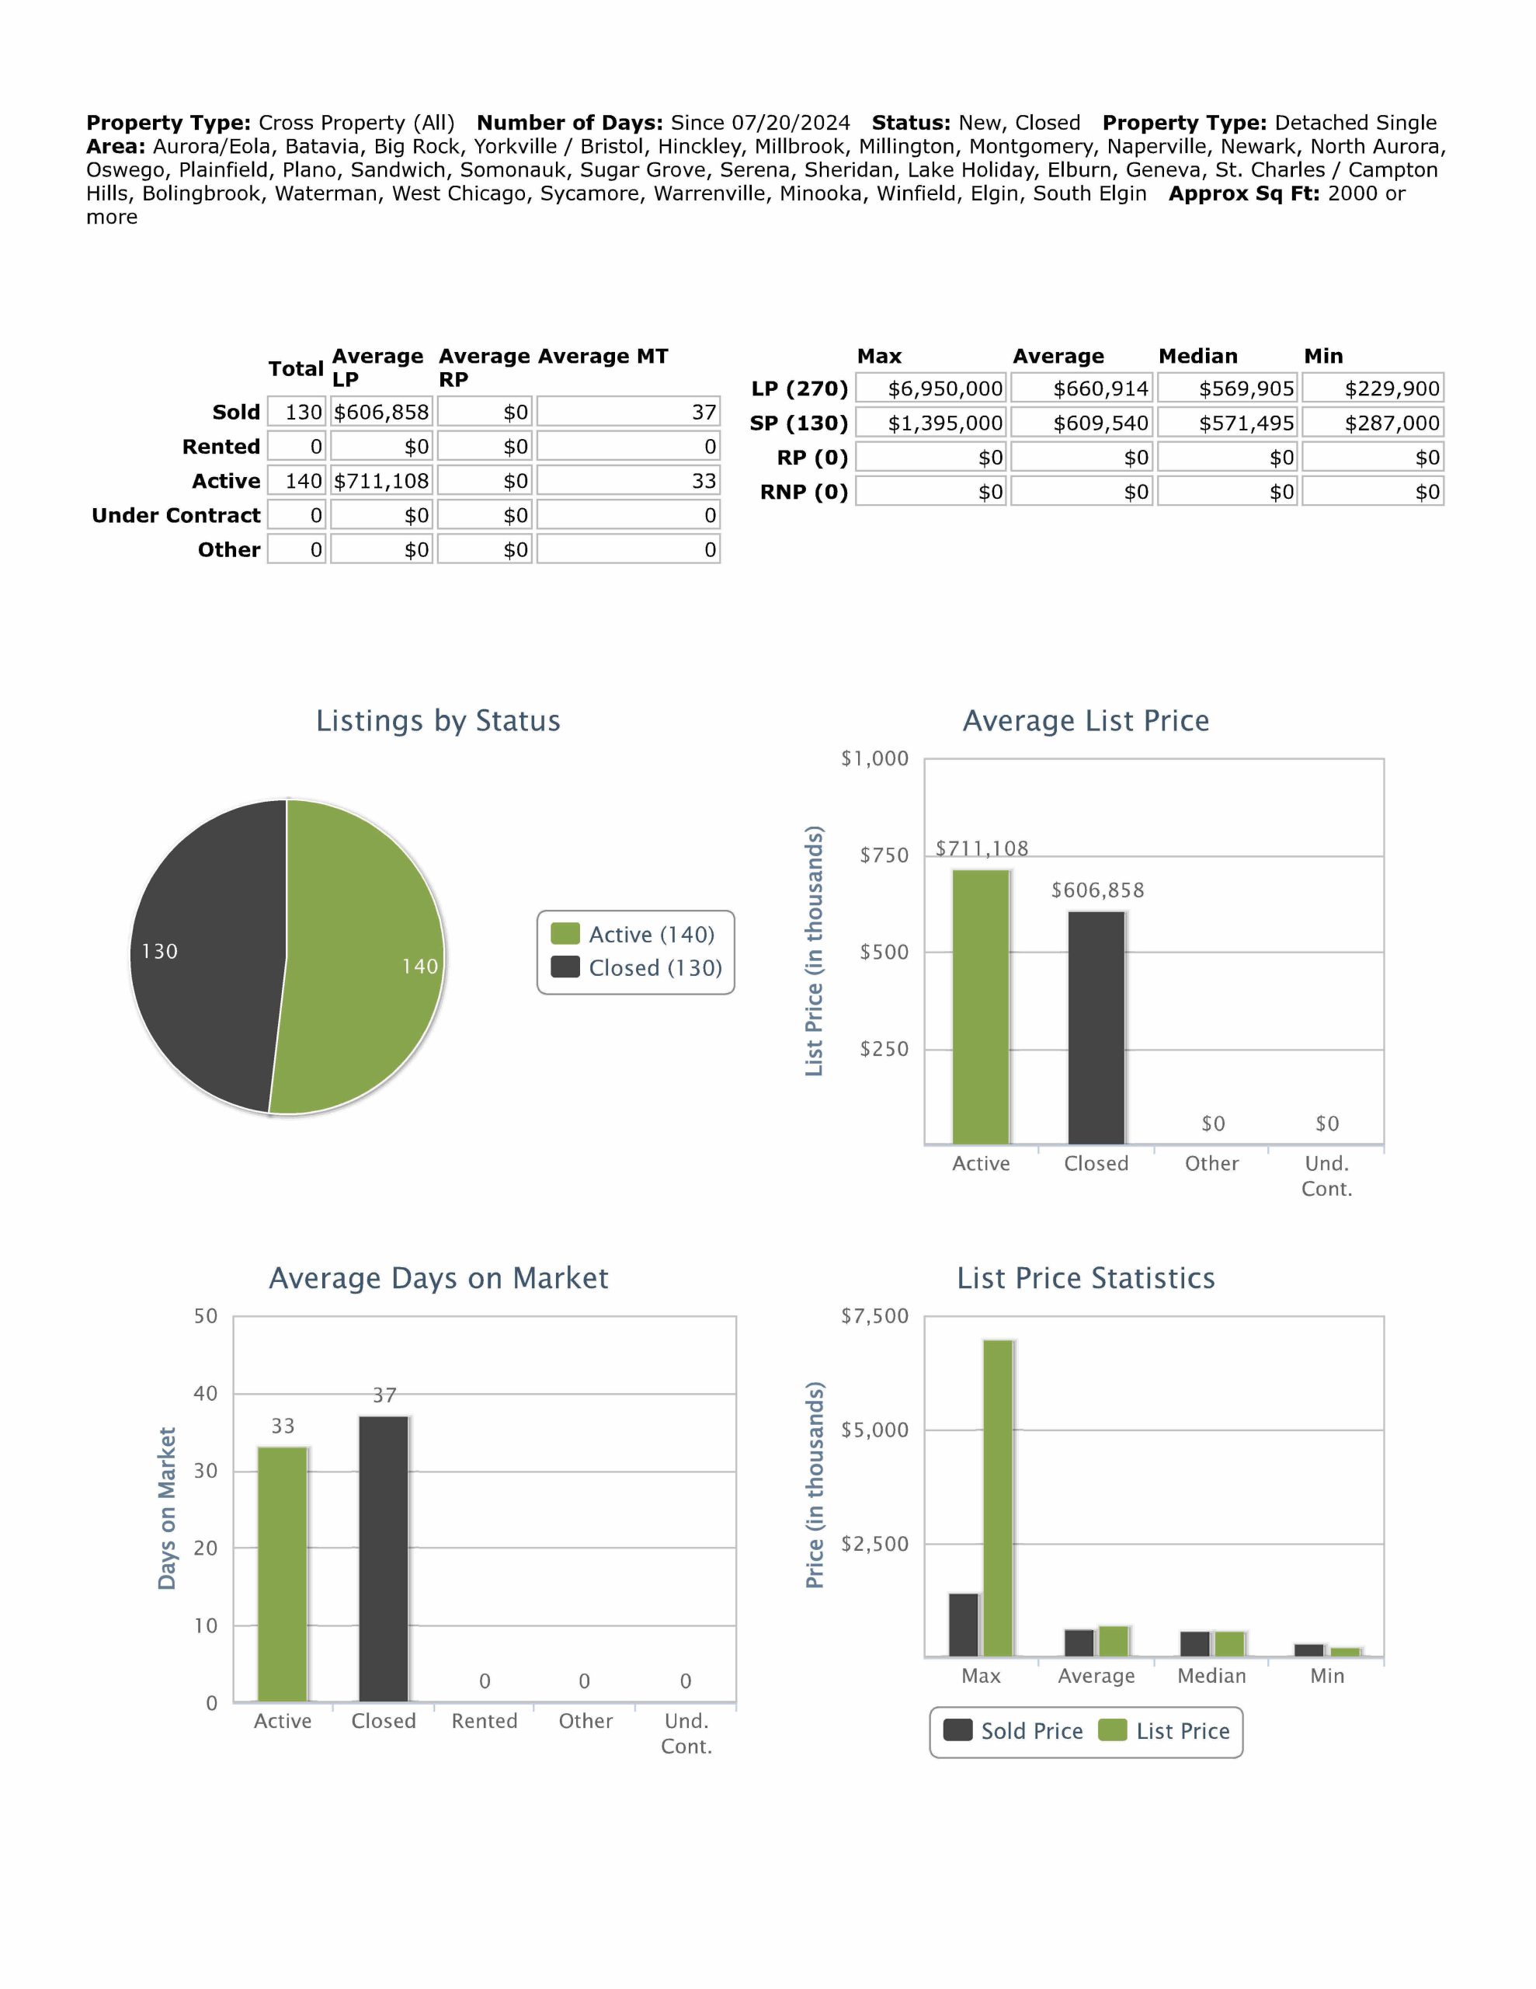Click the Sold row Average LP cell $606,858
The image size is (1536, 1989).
[x=381, y=413]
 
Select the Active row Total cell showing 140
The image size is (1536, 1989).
[x=297, y=481]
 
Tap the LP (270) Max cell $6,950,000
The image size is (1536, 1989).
[x=930, y=389]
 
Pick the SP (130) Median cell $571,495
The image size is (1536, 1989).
[x=1228, y=423]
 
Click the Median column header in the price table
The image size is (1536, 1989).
[x=1197, y=356]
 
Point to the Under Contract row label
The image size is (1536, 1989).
[x=175, y=515]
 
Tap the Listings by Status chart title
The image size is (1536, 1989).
[x=438, y=720]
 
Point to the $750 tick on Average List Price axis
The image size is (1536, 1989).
[x=883, y=855]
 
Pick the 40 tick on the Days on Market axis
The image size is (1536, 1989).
[x=206, y=1393]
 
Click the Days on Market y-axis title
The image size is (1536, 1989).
[x=167, y=1508]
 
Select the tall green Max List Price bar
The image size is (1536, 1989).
[x=998, y=1497]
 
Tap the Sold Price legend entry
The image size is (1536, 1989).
[x=1013, y=1731]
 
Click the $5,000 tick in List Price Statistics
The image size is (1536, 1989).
[x=874, y=1430]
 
